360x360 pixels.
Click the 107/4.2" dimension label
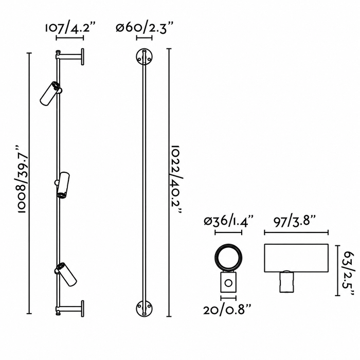tap(70, 28)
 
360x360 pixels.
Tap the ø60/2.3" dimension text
tap(145, 28)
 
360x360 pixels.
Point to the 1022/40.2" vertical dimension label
tap(177, 179)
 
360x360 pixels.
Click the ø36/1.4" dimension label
tap(228, 222)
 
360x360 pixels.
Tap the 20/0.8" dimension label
tap(227, 311)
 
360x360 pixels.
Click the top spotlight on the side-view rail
tap(50, 93)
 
